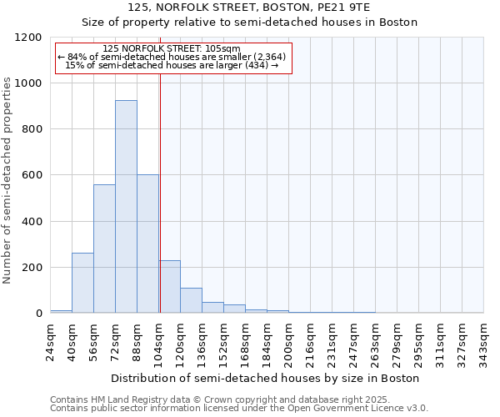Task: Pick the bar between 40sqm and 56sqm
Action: (x=82, y=283)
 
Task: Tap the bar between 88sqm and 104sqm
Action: (x=147, y=244)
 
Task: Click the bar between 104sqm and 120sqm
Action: (x=169, y=287)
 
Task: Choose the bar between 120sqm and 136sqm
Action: (x=191, y=300)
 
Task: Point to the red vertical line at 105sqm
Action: (x=160, y=192)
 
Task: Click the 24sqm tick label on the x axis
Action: (x=51, y=339)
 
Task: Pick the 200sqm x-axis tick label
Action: (x=288, y=341)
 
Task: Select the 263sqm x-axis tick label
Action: (x=375, y=341)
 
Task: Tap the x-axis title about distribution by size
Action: (x=266, y=378)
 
